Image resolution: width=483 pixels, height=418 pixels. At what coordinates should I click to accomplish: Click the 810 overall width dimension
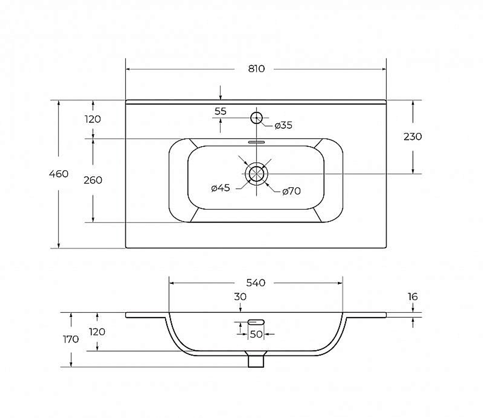256,69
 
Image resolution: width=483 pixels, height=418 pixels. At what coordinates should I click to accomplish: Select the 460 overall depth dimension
58,174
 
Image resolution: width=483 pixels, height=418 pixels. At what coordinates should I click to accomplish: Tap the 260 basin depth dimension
93,180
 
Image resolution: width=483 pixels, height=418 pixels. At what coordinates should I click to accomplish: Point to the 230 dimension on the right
412,137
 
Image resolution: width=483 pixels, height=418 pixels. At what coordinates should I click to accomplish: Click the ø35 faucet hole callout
284,125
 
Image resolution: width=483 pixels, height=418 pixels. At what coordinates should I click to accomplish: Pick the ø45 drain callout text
221,188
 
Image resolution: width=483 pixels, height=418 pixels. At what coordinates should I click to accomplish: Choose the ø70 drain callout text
291,191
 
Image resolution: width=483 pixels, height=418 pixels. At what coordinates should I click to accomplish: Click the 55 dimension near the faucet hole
221,111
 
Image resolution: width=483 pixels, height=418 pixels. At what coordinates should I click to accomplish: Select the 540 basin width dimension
256,282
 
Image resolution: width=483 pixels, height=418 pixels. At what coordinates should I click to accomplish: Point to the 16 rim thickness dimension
412,297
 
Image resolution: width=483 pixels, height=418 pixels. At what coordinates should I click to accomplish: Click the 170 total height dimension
71,339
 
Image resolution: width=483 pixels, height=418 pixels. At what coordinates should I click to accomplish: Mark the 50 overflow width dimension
256,334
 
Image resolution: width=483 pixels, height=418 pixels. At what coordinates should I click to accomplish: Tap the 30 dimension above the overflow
240,297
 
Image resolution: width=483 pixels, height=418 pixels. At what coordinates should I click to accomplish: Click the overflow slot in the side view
256,322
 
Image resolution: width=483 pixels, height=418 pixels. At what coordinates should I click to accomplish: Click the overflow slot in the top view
256,142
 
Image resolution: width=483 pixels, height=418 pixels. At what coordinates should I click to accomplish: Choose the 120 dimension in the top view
93,119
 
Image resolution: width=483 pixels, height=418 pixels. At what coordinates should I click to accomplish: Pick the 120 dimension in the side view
97,332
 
